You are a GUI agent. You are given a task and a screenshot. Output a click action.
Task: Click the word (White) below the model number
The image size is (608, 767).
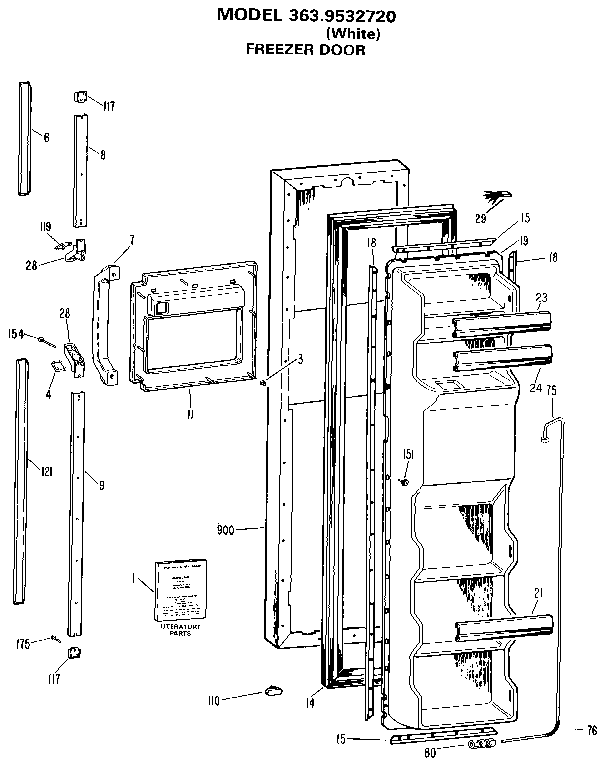[x=352, y=33]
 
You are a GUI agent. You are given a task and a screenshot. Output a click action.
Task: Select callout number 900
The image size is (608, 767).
[x=225, y=530]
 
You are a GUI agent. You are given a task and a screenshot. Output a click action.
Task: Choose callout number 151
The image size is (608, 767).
[x=408, y=455]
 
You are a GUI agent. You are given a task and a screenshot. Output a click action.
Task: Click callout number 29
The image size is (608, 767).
[x=481, y=218]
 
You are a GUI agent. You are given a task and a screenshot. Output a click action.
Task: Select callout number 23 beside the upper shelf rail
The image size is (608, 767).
[x=541, y=297]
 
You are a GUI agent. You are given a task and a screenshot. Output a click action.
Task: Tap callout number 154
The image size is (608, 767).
[x=16, y=334]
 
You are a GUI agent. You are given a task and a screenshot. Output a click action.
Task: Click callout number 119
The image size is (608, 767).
[x=46, y=227]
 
